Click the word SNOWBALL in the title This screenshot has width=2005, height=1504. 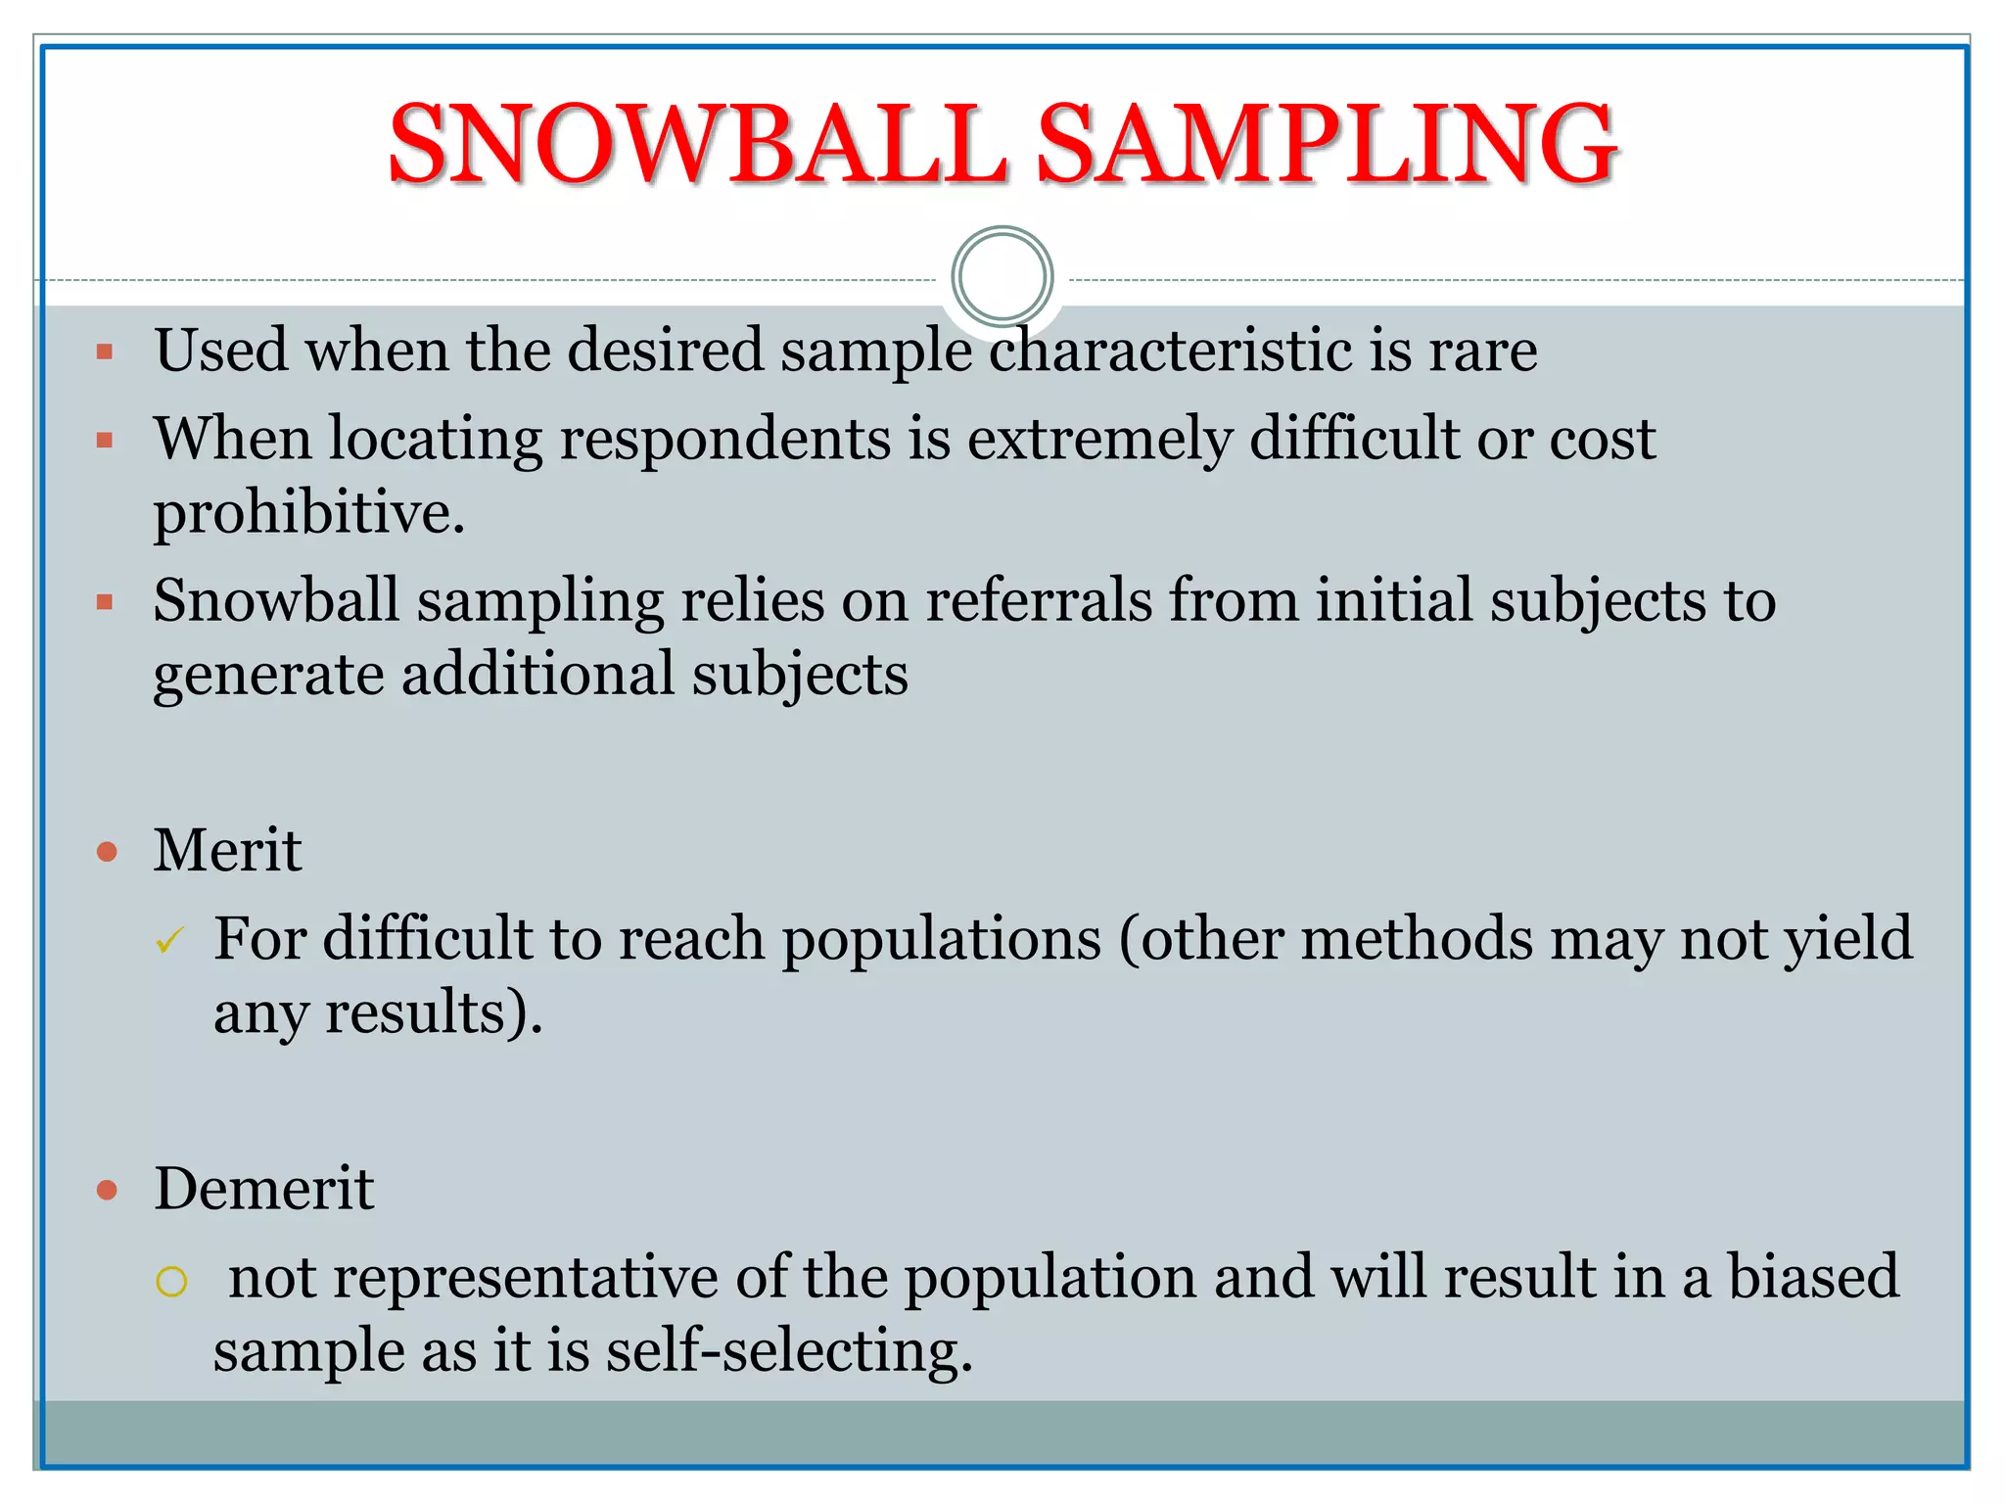click(x=697, y=145)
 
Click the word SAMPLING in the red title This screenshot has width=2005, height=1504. click(x=1327, y=145)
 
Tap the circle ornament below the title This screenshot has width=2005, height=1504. click(x=1002, y=276)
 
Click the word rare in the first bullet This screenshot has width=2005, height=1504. click(x=1482, y=351)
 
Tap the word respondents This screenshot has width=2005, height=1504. click(x=724, y=438)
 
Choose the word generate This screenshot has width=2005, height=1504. click(x=268, y=676)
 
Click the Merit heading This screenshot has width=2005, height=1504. click(x=227, y=850)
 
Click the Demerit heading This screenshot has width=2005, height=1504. click(x=263, y=1189)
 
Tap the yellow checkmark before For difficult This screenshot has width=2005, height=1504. click(x=169, y=941)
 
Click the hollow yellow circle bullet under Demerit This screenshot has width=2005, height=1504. click(x=171, y=1282)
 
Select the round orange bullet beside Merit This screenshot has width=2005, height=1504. click(x=107, y=851)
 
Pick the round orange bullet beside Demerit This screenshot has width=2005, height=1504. click(x=107, y=1191)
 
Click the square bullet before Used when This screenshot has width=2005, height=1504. click(x=105, y=352)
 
